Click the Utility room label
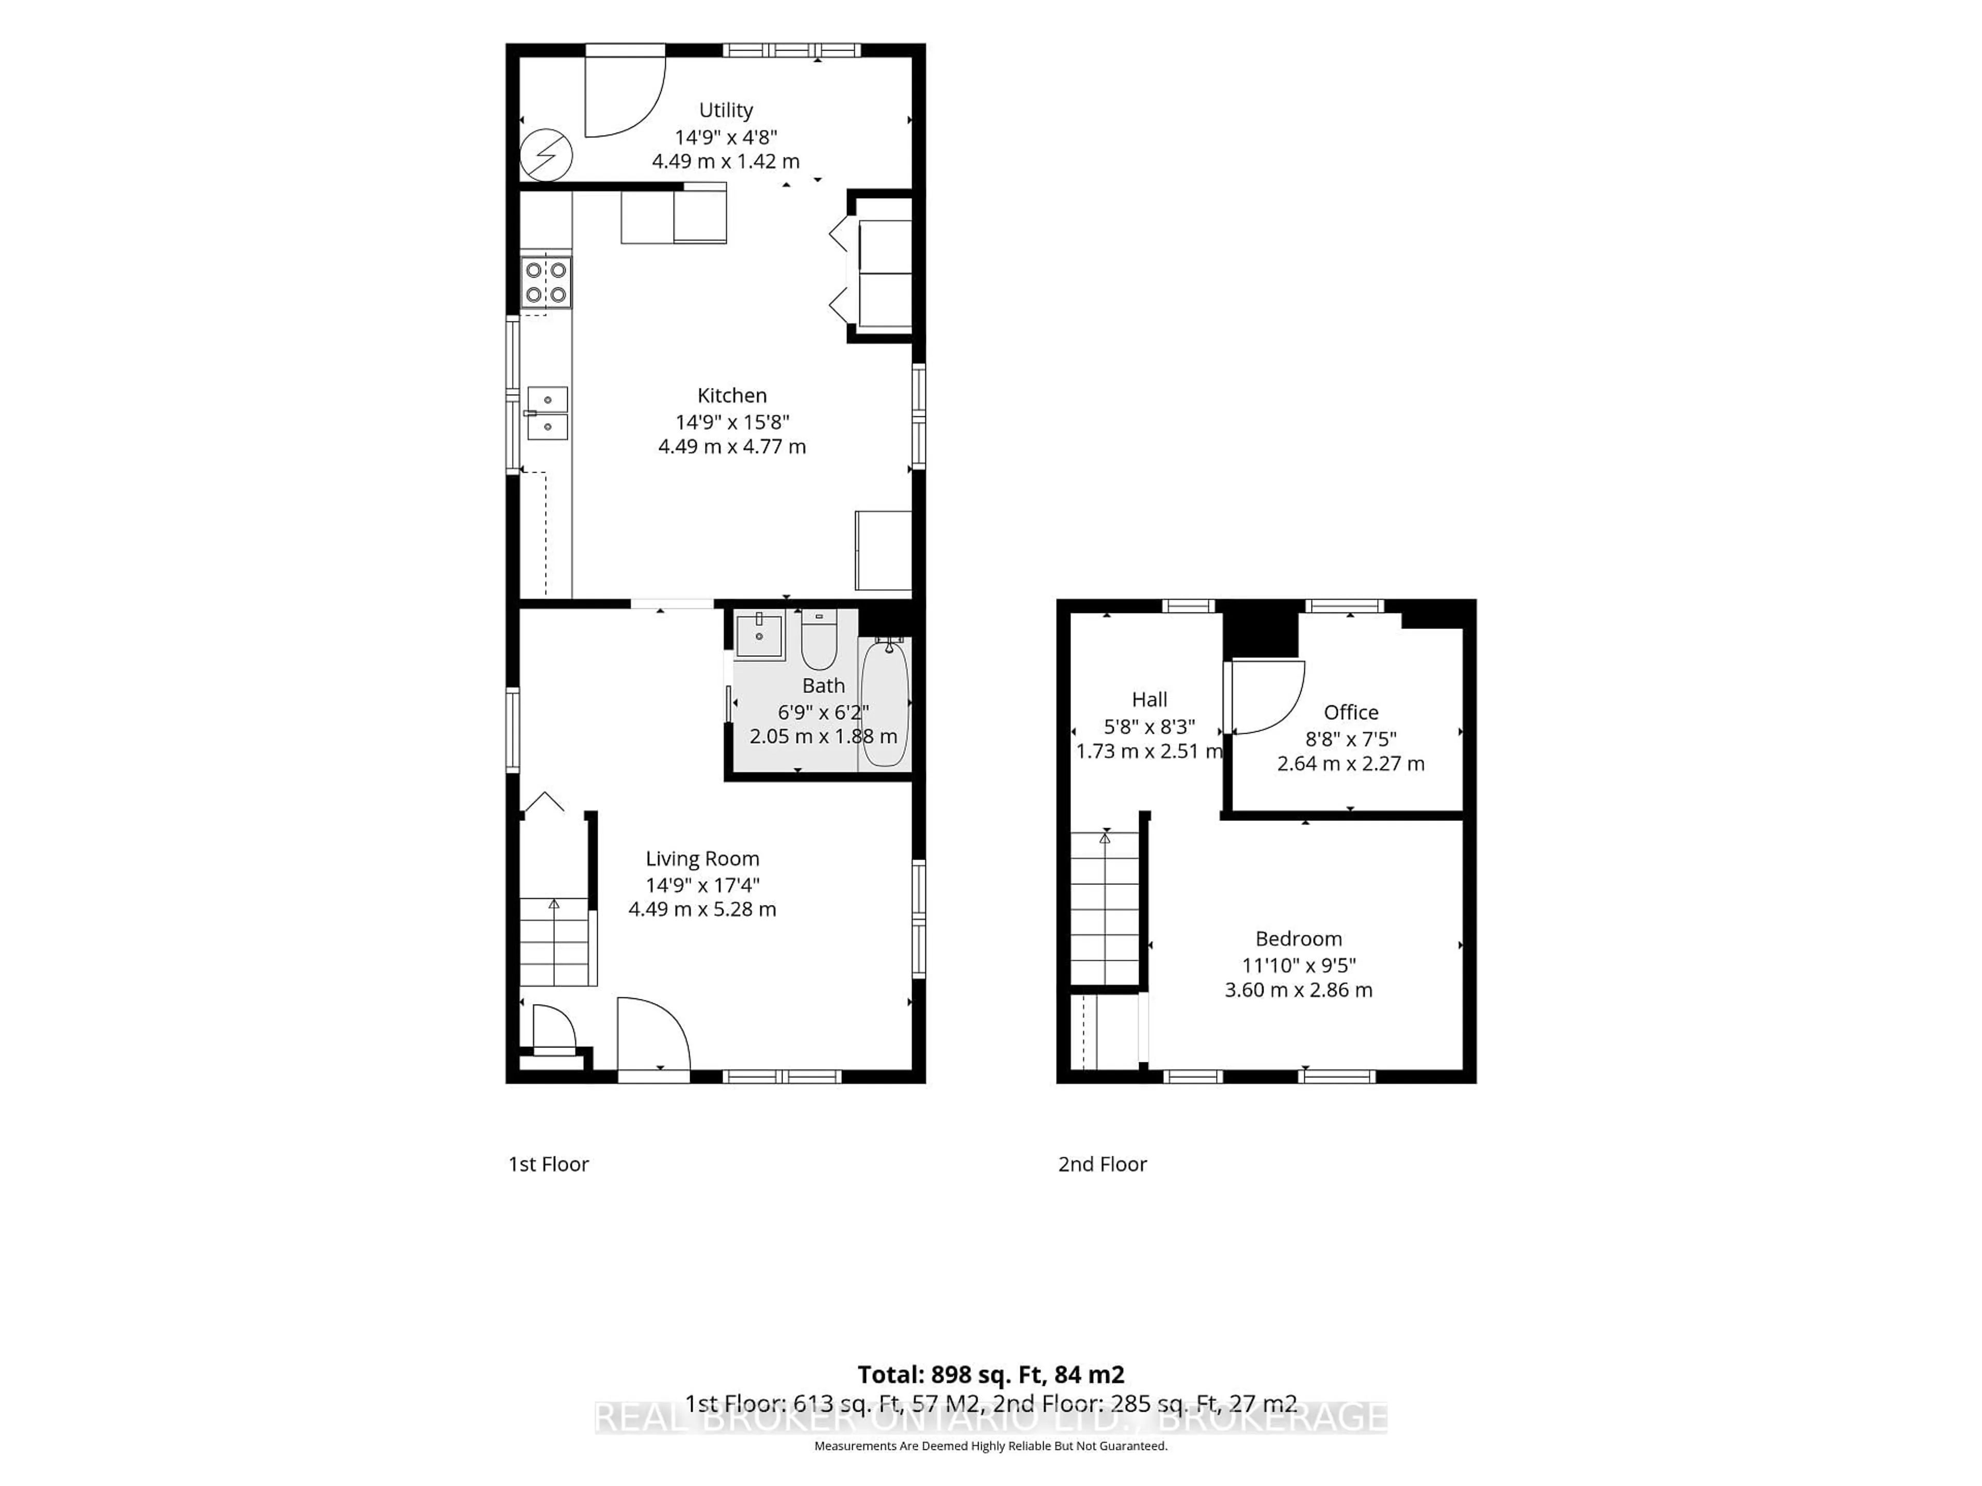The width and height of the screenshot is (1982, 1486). point(726,110)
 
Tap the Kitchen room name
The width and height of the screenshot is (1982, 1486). point(732,395)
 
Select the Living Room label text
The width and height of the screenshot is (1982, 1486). point(702,859)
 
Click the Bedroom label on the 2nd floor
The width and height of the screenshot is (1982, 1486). point(1298,939)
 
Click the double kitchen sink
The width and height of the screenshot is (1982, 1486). point(547,413)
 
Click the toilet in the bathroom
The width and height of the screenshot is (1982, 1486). point(819,639)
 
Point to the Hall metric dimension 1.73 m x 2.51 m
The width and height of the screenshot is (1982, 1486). point(1149,751)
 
